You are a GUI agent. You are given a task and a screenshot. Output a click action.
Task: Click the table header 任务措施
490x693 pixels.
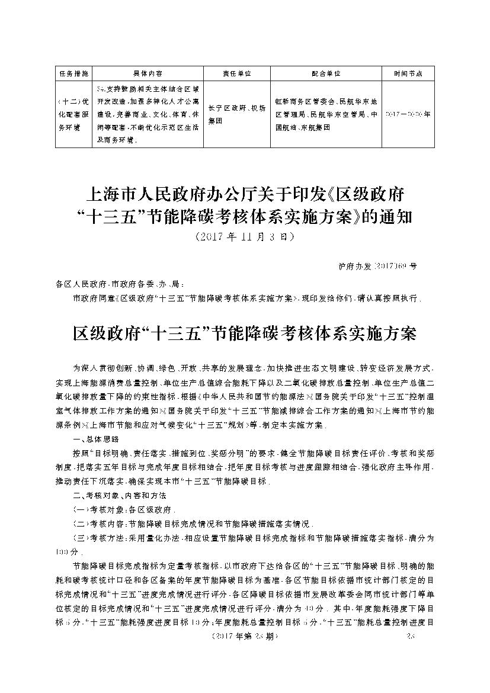[73, 73]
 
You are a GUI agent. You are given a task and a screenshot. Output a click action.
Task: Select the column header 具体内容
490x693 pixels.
[148, 73]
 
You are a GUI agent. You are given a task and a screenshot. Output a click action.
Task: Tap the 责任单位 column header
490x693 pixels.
[237, 73]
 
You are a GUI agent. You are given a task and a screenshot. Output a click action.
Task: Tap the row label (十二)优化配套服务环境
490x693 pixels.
[73, 113]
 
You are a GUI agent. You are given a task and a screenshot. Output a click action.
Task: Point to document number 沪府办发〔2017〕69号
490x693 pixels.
[373, 266]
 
